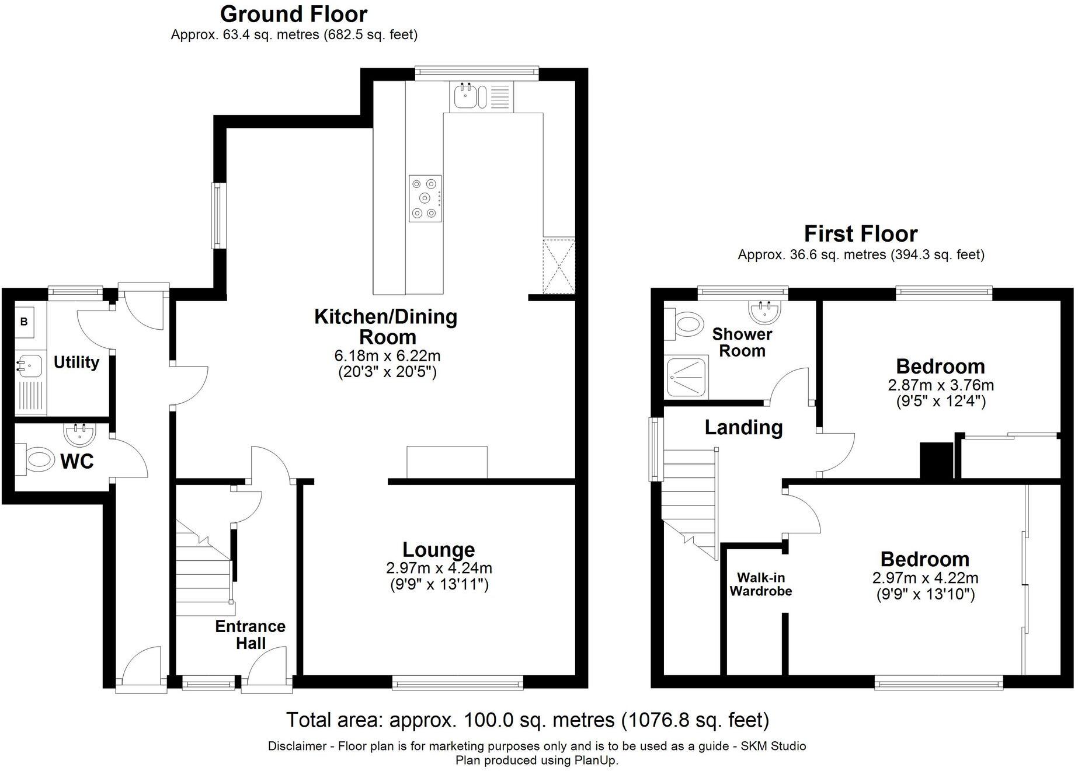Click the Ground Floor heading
(294, 14)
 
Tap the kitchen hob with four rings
(425, 198)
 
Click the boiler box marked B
(24, 322)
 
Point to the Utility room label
(76, 362)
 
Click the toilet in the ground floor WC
(36, 459)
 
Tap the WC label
(77, 461)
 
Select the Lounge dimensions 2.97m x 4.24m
(439, 567)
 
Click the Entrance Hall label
(250, 634)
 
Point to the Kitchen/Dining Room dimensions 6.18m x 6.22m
(387, 355)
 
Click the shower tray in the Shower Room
(687, 378)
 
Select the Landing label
(743, 427)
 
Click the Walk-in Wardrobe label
(760, 584)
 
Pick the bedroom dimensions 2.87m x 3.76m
(940, 385)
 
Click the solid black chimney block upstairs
(936, 460)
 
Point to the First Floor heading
(860, 234)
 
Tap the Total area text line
(527, 720)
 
